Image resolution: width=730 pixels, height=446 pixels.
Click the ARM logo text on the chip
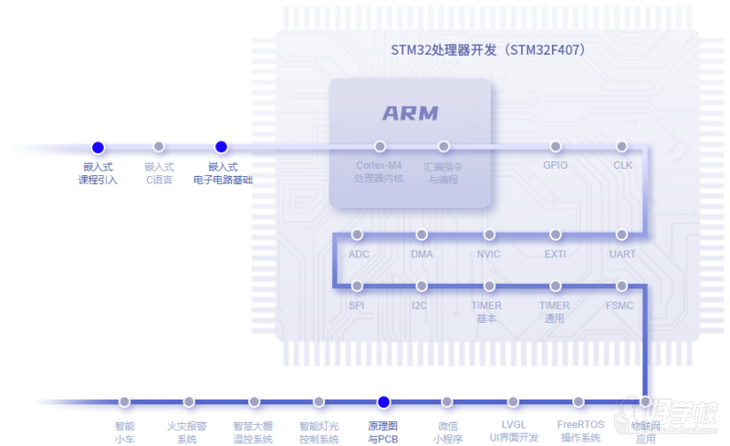click(411, 114)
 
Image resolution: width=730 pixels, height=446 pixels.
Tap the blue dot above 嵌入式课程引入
click(98, 147)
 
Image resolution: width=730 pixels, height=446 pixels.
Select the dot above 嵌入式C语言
click(159, 147)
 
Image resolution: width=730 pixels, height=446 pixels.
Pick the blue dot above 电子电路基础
click(221, 147)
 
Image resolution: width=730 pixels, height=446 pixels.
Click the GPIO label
click(555, 166)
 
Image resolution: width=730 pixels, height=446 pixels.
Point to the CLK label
click(622, 166)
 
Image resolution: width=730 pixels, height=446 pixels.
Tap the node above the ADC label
click(358, 235)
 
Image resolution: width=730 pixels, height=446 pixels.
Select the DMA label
click(422, 254)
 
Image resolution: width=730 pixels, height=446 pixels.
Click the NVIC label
click(488, 254)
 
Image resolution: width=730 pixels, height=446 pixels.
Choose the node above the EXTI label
click(556, 235)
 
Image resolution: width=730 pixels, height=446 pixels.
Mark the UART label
click(622, 254)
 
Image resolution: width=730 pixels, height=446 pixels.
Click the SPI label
click(357, 306)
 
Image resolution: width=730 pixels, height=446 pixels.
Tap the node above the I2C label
click(421, 286)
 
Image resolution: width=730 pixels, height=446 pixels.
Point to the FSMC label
click(620, 306)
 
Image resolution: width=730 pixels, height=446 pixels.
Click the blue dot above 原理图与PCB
click(384, 402)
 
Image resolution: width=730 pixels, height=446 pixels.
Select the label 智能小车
click(124, 432)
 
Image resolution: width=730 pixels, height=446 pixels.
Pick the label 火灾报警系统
click(187, 432)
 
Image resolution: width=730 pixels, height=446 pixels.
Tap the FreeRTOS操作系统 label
click(580, 431)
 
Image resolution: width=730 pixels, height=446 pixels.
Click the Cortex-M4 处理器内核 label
click(379, 172)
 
